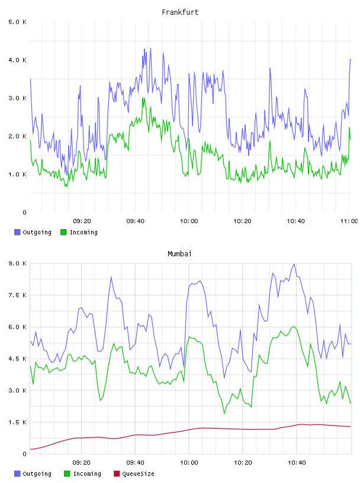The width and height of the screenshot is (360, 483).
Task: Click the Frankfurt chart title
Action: (x=180, y=12)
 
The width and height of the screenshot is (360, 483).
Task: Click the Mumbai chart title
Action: (x=179, y=254)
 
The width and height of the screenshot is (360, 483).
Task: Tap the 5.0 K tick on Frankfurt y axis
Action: (x=18, y=22)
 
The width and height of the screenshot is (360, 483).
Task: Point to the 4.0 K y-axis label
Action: (x=18, y=60)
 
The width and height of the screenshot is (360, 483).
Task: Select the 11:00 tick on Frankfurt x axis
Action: (x=349, y=221)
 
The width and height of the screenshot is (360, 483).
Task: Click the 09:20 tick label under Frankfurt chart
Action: (x=82, y=221)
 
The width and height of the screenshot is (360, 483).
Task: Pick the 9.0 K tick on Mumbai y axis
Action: (x=18, y=263)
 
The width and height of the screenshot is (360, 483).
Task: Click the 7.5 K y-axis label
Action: (x=18, y=295)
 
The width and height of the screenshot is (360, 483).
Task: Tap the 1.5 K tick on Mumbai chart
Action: (x=18, y=422)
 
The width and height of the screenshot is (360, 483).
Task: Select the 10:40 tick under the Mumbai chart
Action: (x=297, y=463)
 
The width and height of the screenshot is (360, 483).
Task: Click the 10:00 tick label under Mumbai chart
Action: (x=189, y=463)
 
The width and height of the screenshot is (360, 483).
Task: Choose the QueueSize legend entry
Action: (x=134, y=474)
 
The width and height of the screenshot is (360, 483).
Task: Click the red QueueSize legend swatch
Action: (x=117, y=474)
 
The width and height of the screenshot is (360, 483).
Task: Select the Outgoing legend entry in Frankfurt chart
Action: (x=33, y=232)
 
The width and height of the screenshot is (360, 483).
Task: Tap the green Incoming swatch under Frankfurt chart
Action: (x=63, y=232)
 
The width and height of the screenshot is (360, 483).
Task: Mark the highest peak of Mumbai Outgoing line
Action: (x=294, y=264)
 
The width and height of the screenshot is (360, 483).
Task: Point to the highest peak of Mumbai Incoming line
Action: (x=294, y=327)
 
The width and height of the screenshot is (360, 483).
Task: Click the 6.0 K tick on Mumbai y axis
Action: (x=18, y=327)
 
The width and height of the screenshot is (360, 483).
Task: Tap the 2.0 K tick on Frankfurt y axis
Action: (x=18, y=137)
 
